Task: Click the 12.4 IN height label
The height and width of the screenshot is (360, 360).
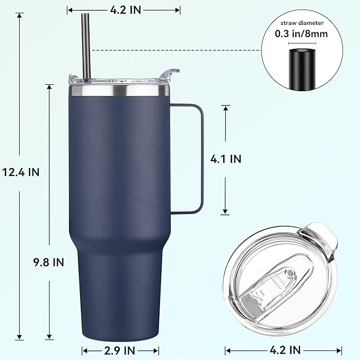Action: coord(21,172)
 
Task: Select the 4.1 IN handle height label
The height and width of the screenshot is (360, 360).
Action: coord(226,159)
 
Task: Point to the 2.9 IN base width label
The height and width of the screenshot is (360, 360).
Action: coord(120,350)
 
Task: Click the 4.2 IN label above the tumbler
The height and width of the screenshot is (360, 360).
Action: coord(124,9)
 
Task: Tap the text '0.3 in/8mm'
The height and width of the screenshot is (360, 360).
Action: coord(301,33)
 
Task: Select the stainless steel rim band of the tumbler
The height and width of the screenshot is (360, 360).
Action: coord(119,91)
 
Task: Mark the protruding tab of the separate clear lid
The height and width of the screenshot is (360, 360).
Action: coord(320,239)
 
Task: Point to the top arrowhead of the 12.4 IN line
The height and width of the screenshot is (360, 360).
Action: coord(20,16)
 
